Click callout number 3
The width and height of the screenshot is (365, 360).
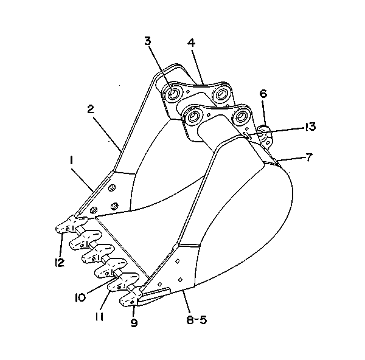click(x=148, y=41)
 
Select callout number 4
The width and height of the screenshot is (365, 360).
click(x=191, y=43)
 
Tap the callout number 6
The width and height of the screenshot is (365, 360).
click(x=263, y=94)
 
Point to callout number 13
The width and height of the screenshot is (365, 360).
click(x=310, y=126)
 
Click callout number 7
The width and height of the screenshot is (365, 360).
click(x=308, y=158)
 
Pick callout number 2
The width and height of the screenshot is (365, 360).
click(x=91, y=109)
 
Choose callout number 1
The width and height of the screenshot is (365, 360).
click(x=71, y=161)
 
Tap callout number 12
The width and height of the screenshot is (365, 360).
click(x=60, y=263)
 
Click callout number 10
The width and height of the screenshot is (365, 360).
click(x=80, y=297)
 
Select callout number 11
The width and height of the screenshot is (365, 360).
click(x=99, y=316)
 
